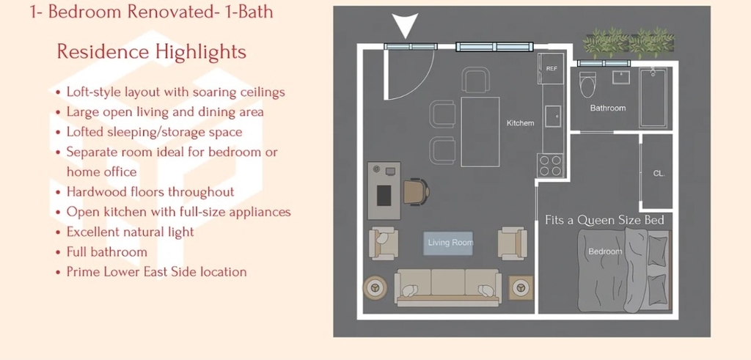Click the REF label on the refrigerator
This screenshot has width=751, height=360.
(x=552, y=69)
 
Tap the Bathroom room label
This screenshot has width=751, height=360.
(x=608, y=109)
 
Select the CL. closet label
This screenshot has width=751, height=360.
(x=659, y=174)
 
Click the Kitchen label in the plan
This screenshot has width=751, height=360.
(x=520, y=123)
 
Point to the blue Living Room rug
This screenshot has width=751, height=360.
(x=448, y=243)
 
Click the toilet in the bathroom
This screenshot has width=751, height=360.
(x=587, y=84)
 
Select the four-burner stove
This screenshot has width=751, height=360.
(x=551, y=165)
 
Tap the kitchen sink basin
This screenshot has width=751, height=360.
(x=553, y=117)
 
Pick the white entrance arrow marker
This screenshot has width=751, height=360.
(x=405, y=24)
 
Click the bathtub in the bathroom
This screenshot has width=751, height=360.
(x=653, y=98)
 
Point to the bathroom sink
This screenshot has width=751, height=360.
(x=620, y=77)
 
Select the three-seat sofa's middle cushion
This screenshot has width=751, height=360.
(x=448, y=282)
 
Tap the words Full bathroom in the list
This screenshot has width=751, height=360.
(x=107, y=251)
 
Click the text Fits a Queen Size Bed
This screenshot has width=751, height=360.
(x=604, y=220)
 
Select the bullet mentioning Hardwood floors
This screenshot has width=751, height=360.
(x=150, y=192)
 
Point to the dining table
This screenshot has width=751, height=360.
(x=480, y=132)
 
